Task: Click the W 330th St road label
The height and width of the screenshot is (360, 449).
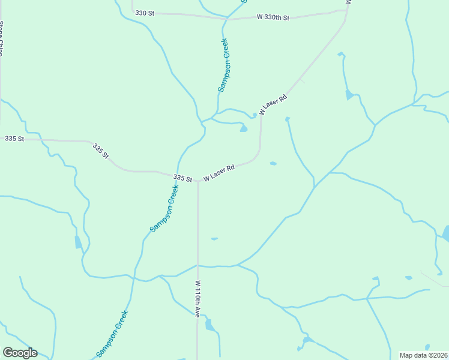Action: point(273,17)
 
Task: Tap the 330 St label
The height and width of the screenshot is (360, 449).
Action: point(145,13)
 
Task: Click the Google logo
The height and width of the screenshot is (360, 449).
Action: point(20,353)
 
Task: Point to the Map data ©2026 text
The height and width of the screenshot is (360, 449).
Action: point(423,355)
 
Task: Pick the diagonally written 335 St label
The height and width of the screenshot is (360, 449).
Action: point(101,151)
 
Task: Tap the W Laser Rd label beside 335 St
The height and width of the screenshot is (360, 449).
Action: point(218,173)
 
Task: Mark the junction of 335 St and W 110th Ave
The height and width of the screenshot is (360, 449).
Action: point(197,180)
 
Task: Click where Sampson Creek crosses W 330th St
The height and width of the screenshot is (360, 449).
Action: point(227,19)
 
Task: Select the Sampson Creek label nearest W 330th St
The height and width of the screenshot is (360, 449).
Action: point(223,65)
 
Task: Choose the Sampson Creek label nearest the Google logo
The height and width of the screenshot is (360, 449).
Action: point(112,334)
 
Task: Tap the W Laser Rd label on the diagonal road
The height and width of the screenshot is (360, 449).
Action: point(273,104)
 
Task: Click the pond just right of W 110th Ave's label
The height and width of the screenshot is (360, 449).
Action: point(209,325)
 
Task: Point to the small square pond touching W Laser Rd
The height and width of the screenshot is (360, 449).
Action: point(255,115)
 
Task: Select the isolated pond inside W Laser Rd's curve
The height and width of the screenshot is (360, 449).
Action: point(273,163)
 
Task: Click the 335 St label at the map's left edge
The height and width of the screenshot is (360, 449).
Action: point(14,139)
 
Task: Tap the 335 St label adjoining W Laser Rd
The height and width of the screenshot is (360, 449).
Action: point(182,178)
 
